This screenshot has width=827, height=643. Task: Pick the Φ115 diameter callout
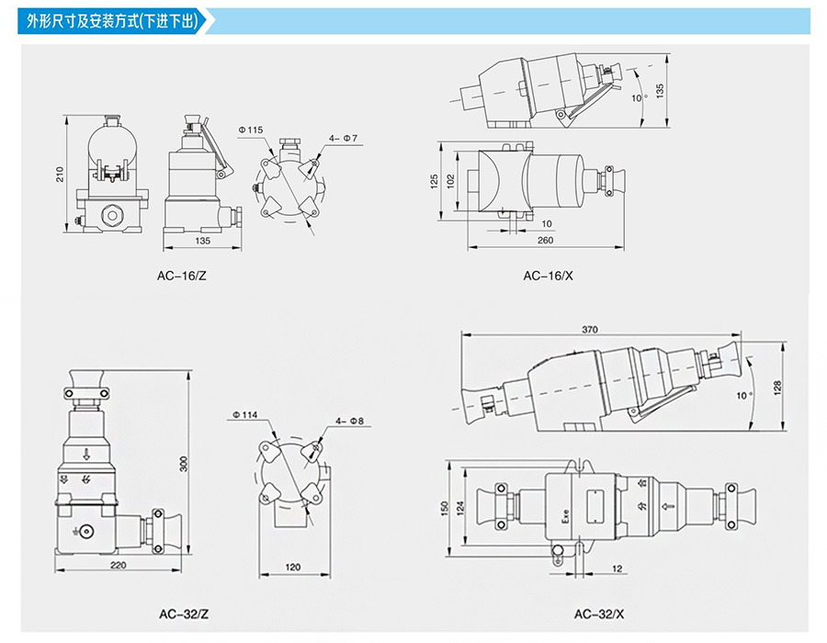pyautogui.click(x=250, y=130)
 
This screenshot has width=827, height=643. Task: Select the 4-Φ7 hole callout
pyautogui.click(x=343, y=138)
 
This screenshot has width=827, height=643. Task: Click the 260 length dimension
pyautogui.click(x=546, y=241)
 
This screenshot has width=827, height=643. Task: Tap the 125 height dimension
pyautogui.click(x=434, y=181)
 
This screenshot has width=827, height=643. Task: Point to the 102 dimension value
pyautogui.click(x=450, y=181)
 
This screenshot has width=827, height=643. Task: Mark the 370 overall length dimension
pyautogui.click(x=591, y=328)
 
